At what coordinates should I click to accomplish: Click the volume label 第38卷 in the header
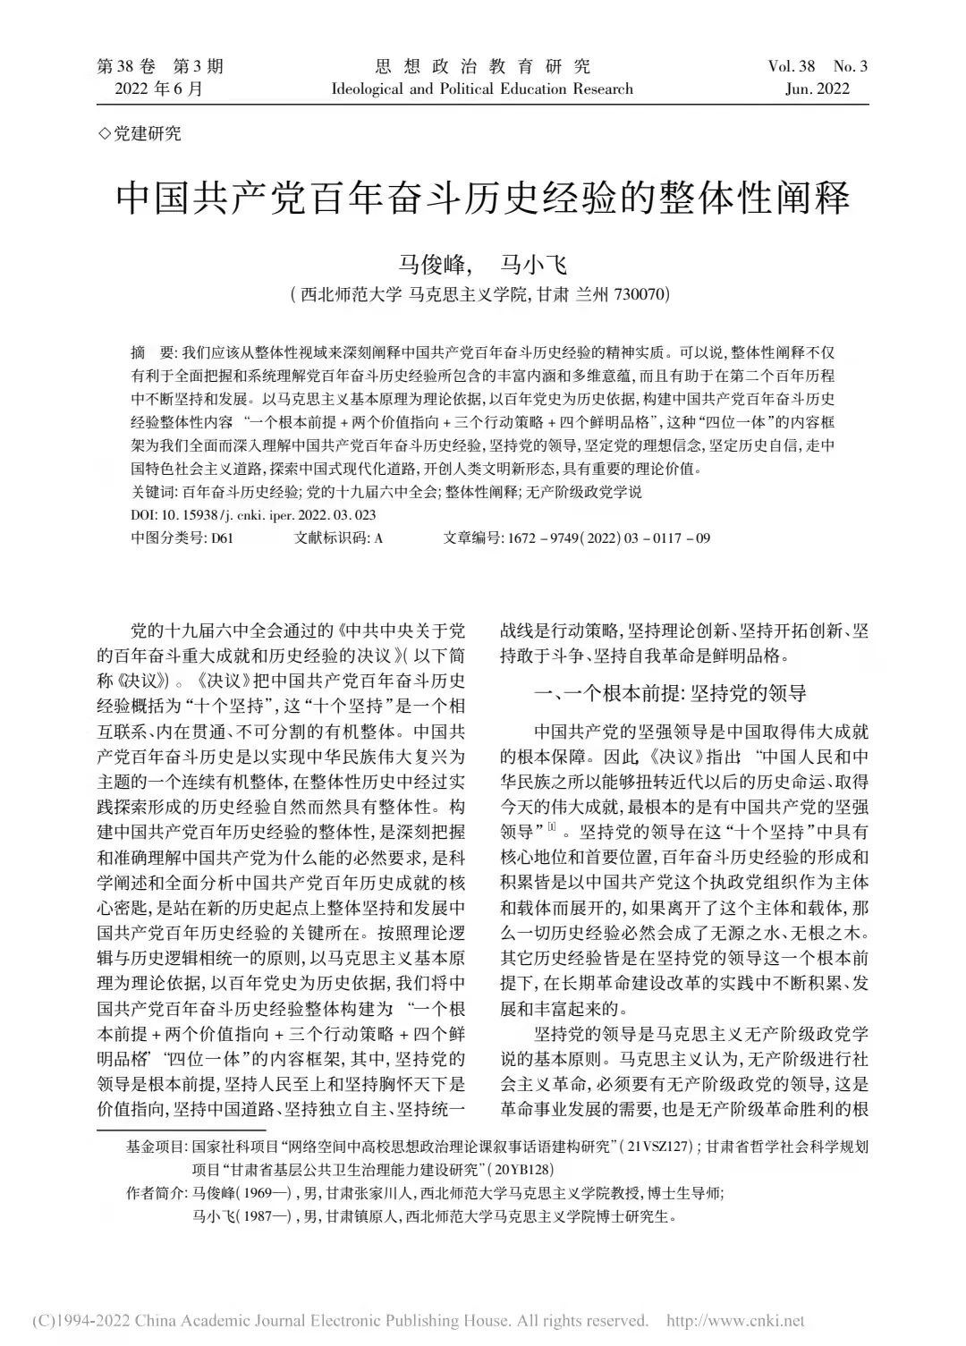[125, 66]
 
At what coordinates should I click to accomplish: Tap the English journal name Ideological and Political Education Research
[482, 89]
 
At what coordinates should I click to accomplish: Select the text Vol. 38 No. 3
[818, 66]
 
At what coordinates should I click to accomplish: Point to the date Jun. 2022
[815, 89]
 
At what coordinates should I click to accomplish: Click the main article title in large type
[483, 198]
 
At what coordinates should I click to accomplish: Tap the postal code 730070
[640, 294]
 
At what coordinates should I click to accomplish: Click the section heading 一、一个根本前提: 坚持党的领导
[670, 692]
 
